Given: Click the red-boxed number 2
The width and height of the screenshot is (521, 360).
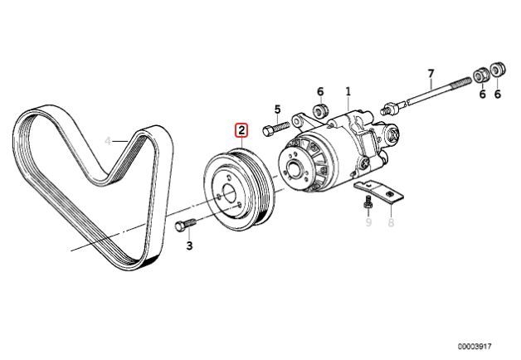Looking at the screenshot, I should [241, 129].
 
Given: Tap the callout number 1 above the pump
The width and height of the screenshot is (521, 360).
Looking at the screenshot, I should [348, 90].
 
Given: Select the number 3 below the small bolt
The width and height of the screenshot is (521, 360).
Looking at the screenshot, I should [188, 246].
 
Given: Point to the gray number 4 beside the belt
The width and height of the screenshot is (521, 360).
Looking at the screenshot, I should [107, 140].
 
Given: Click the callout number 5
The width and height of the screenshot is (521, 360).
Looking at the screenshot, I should [277, 109].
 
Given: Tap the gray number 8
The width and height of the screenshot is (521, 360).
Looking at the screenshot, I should [392, 221].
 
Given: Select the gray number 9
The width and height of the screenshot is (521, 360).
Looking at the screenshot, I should [369, 221].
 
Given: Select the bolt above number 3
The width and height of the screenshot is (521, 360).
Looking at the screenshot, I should [185, 226].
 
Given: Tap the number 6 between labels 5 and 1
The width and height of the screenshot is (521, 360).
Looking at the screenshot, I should [319, 90].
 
